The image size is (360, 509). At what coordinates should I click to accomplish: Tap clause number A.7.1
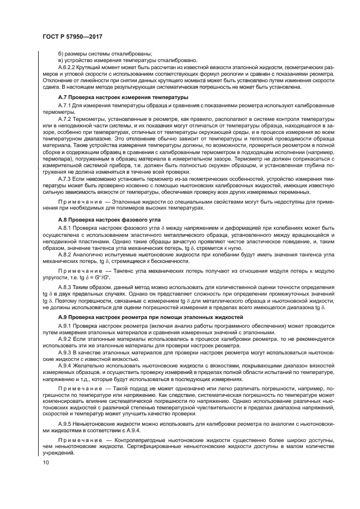point(65,104)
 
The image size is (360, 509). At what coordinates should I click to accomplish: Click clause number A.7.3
point(65,179)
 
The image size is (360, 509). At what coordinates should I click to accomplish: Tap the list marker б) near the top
point(60,52)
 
